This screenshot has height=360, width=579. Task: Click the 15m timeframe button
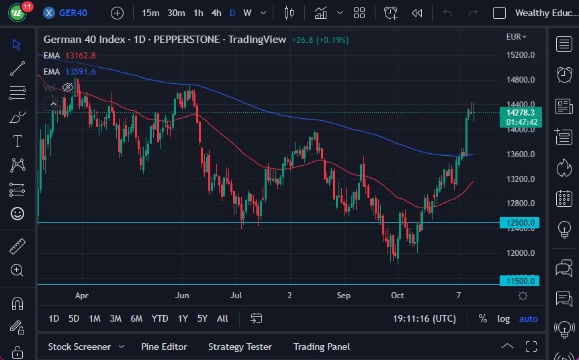[x=150, y=13]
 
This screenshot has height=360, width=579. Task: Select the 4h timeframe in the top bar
[x=216, y=13]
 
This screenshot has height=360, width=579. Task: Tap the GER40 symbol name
[x=73, y=13]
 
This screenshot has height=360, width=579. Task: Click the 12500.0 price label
[x=519, y=223]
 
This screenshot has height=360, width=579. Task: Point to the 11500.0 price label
[x=519, y=281]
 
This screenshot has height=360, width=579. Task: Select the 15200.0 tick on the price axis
[x=521, y=55]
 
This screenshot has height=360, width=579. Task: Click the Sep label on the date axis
[x=343, y=295]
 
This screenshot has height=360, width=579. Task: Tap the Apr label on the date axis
[x=81, y=295]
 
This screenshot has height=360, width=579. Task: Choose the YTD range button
[x=160, y=318]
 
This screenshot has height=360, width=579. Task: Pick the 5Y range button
[x=202, y=318]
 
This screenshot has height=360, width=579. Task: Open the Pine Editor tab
[x=164, y=347]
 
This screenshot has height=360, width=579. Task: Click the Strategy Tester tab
[x=240, y=347]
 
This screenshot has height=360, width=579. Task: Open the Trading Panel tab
[x=321, y=347]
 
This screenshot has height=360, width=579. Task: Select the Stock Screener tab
[x=79, y=347]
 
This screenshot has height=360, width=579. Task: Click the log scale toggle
[x=503, y=318]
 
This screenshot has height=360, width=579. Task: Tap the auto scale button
[x=529, y=318]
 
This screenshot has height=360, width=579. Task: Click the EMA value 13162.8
[x=81, y=55]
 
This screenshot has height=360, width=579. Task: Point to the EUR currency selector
[x=516, y=37]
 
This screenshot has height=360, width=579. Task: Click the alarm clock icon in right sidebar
[x=564, y=75]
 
